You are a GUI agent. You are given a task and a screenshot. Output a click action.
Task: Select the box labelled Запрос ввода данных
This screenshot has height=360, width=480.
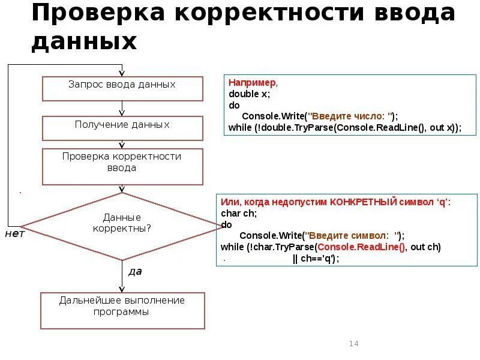122,88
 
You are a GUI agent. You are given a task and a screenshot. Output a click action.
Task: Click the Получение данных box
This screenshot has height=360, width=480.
122,128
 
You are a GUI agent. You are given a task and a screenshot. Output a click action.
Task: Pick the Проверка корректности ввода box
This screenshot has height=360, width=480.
122,166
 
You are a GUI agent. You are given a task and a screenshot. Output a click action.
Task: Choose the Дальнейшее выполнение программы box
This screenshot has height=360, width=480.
122,310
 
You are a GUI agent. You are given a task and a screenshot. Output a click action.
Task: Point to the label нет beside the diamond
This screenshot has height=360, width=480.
15,233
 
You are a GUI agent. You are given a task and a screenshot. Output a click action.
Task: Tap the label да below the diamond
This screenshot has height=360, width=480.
136,271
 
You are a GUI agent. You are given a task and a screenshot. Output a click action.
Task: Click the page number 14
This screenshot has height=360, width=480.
353,343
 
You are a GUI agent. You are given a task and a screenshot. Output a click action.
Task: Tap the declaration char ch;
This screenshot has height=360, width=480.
239,213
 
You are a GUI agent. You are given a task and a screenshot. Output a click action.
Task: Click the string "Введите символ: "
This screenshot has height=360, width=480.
354,236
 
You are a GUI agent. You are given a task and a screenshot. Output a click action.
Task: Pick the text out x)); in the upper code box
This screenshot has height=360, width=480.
445,128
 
